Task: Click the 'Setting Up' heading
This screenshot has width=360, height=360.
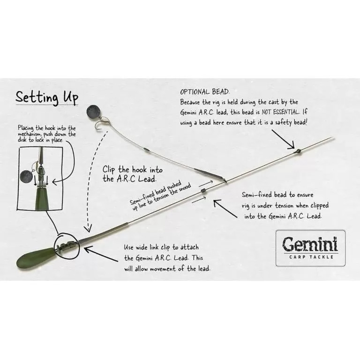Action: coord(47,97)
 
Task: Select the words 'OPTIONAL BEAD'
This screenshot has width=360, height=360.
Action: coord(204,92)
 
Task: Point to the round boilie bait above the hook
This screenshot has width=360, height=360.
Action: coord(92,112)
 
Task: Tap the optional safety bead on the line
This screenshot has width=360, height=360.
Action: coord(298,151)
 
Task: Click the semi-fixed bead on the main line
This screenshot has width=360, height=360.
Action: coord(203,191)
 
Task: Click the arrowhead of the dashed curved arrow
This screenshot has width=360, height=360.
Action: coord(88,228)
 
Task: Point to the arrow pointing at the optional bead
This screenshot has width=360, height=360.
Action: coord(283,139)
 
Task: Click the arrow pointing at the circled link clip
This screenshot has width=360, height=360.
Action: coord(101,254)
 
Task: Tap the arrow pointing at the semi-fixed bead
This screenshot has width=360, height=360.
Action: coord(225,209)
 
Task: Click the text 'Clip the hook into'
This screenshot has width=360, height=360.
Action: coord(133,170)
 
